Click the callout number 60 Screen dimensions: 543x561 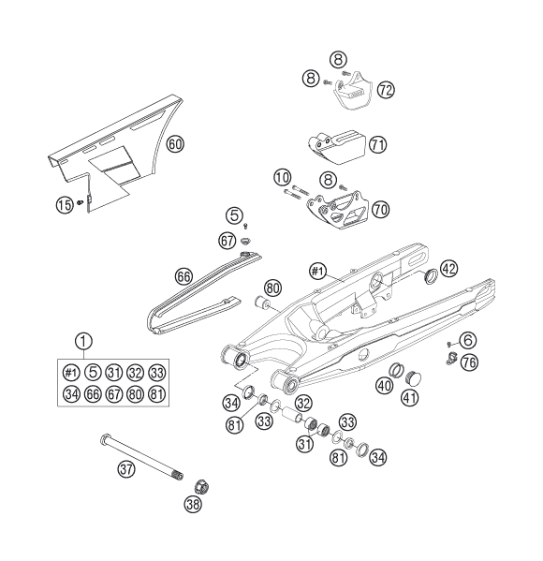click(x=175, y=144)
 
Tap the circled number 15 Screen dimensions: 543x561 click(x=65, y=205)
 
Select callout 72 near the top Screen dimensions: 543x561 click(x=386, y=90)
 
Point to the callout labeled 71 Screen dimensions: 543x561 click(x=377, y=145)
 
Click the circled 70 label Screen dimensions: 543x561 click(x=381, y=209)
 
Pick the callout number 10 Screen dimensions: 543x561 click(x=283, y=177)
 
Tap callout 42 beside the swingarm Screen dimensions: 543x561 click(x=449, y=269)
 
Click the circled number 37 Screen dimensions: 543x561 click(x=126, y=468)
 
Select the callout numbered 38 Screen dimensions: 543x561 click(x=193, y=505)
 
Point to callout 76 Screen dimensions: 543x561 click(x=469, y=362)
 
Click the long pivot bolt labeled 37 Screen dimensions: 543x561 click(x=141, y=457)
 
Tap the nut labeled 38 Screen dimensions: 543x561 click(x=201, y=487)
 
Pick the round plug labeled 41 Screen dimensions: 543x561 click(x=413, y=378)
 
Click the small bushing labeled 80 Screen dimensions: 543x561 click(x=263, y=303)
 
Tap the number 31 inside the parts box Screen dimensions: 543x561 click(x=114, y=373)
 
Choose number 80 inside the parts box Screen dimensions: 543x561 click(x=136, y=394)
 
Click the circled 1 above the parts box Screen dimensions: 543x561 click(x=83, y=341)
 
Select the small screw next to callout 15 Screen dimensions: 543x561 click(x=80, y=203)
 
